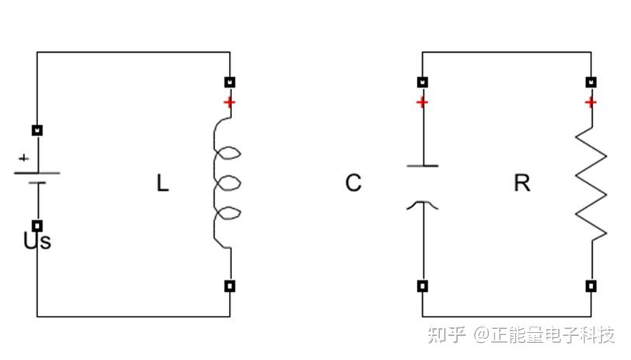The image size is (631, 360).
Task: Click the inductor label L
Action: [162, 184]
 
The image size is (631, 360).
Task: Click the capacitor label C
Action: [353, 183]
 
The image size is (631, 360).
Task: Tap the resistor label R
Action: [522, 183]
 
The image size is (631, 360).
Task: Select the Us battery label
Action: [37, 241]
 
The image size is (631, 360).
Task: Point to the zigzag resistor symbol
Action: [591, 184]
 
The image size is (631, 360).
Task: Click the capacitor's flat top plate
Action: [422, 165]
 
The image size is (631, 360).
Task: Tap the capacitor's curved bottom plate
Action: [422, 204]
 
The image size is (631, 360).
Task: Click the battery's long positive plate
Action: [37, 172]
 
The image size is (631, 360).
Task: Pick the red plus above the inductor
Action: [229, 102]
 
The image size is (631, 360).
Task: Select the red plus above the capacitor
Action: [421, 102]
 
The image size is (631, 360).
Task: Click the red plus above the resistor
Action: [591, 102]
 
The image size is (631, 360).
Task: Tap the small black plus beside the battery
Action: [23, 157]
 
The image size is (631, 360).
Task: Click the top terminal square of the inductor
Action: [230, 81]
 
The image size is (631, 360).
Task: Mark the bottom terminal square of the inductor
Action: [230, 286]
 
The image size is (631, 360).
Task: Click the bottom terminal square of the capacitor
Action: [422, 286]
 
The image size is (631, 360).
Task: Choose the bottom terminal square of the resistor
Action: [591, 286]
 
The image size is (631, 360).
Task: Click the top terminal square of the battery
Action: [37, 130]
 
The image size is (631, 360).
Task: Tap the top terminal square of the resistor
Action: [591, 81]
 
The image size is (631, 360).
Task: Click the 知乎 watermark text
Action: [447, 334]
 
